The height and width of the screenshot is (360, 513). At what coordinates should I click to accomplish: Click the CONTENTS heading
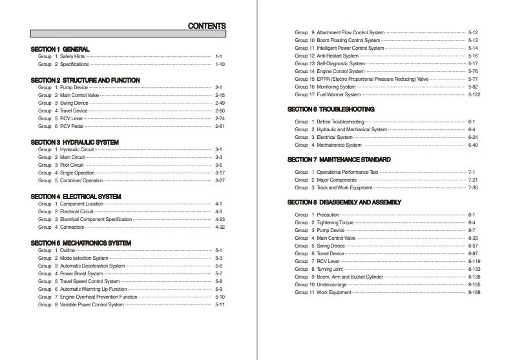click(206, 26)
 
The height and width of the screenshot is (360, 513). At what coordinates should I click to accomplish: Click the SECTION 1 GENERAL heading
click(60, 49)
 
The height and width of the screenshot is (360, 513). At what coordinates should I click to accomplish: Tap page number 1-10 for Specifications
click(220, 65)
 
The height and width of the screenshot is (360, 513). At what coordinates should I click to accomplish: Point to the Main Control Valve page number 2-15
click(220, 96)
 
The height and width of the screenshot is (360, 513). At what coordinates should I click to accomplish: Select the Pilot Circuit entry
click(74, 165)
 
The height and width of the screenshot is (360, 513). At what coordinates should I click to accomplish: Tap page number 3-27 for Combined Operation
click(220, 181)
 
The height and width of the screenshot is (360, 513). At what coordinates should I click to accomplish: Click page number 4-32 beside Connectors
click(220, 228)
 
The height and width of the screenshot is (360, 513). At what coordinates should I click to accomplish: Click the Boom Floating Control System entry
click(350, 40)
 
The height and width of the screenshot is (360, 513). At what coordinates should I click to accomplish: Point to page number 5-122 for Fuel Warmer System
click(474, 94)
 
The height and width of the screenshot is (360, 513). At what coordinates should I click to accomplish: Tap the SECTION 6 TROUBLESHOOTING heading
click(331, 110)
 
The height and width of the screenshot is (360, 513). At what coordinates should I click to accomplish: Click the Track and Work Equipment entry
click(344, 188)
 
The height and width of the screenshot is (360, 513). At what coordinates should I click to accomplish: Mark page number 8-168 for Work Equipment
click(474, 293)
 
